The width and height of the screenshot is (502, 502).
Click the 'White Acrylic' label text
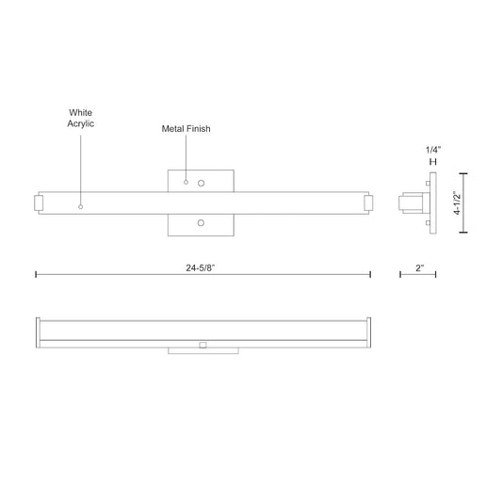(81, 118)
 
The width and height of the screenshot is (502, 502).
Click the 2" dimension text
(420, 268)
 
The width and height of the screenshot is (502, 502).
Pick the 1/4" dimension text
(433, 150)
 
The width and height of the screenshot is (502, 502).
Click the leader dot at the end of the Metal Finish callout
(186, 181)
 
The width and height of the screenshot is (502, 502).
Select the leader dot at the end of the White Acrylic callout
(81, 205)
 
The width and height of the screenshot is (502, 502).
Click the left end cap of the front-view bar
(40, 202)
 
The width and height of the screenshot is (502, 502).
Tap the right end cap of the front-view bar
(366, 202)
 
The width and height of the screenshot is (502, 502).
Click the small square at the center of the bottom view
(202, 345)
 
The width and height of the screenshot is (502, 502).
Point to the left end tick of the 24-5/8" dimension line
(36, 274)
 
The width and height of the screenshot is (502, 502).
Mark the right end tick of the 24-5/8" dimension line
(370, 274)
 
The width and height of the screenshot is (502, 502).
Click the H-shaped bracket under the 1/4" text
(433, 163)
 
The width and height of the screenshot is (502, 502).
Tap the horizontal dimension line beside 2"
(420, 275)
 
